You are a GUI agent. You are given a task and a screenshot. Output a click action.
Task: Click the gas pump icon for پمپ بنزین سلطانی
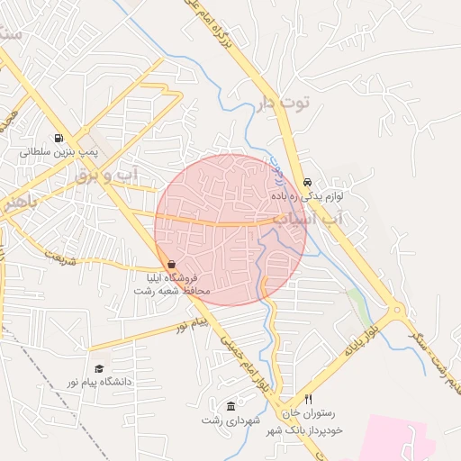59,139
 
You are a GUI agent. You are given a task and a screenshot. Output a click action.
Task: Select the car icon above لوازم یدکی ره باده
308,180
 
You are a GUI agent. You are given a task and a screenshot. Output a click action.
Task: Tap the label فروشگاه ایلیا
177,278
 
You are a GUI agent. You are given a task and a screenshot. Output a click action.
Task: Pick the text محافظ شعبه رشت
177,291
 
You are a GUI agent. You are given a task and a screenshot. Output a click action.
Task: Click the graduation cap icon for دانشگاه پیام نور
99,368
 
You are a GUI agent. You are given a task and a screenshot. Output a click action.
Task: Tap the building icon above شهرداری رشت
231,406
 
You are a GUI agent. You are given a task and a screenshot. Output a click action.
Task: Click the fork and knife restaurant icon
309,399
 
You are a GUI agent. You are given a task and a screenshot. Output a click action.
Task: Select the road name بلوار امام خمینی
245,365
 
